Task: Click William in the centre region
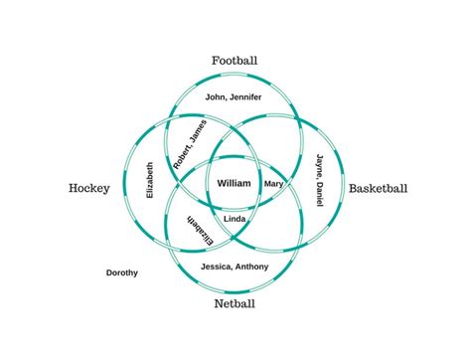235,184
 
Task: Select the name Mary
274,184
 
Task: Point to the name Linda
235,218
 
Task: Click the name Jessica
218,267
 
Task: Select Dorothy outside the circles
122,272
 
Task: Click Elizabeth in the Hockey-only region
150,181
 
